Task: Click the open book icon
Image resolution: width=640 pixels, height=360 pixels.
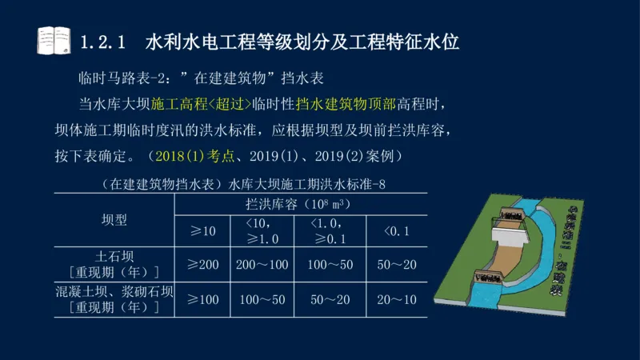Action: [54, 41]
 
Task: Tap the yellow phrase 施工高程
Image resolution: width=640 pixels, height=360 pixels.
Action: [177, 103]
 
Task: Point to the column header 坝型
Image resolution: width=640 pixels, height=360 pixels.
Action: [114, 219]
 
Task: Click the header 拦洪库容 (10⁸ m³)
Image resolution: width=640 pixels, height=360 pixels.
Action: [299, 205]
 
